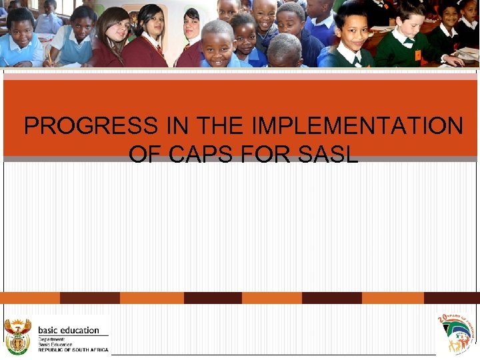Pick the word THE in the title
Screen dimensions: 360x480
click(x=203, y=126)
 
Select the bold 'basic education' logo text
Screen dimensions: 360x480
click(x=69, y=330)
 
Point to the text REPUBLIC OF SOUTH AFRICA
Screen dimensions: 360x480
click(x=73, y=350)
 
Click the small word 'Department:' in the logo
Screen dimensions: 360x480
click(x=52, y=339)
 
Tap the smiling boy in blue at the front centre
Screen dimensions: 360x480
click(x=217, y=44)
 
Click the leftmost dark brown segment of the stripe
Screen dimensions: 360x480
click(x=89, y=297)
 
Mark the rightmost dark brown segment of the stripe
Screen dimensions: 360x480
click(x=451, y=297)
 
